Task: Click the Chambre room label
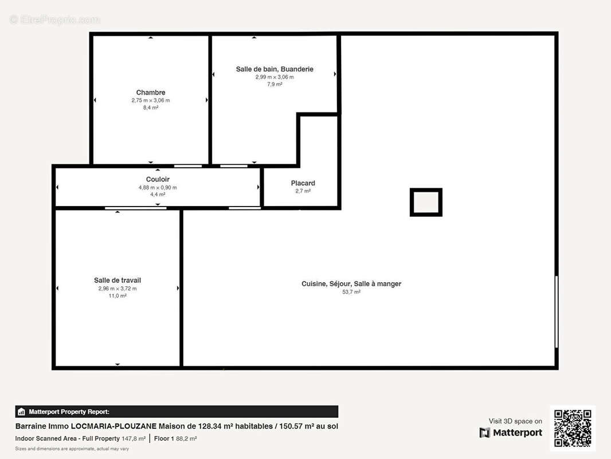pos(150,92)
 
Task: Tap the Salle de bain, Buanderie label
pos(275,69)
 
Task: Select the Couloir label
pos(158,180)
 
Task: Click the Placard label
pos(303,183)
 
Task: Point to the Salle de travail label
pos(117,281)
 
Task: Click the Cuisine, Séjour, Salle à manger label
pos(351,284)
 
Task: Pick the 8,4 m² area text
pos(150,108)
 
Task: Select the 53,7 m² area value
pos(351,291)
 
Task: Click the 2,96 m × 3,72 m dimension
pos(117,289)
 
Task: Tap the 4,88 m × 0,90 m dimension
pos(158,188)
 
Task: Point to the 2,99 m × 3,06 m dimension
pos(275,77)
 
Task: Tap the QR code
pos(573,428)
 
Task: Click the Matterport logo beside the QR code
pos(511,433)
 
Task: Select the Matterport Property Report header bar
pos(177,411)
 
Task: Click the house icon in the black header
pos(21,411)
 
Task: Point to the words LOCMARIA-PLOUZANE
pos(113,426)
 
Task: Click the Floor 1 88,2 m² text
pos(175,438)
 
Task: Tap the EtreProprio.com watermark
pos(55,20)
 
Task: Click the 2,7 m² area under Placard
pos(303,191)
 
